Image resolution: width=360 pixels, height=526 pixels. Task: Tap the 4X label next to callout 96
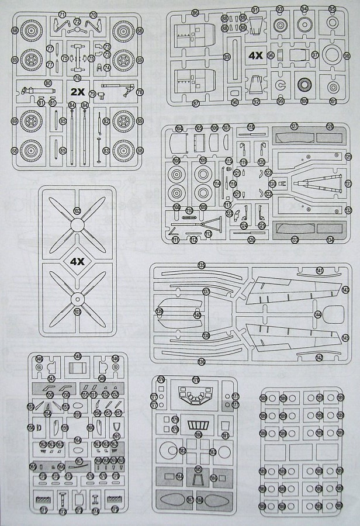[x=255, y=56]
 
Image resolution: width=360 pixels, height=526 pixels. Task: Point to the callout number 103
[x=77, y=312]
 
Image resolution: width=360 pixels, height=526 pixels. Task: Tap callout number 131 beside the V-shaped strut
[x=348, y=184]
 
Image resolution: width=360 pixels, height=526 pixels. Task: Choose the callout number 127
[x=295, y=126]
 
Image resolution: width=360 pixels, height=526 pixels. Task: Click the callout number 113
[x=208, y=233]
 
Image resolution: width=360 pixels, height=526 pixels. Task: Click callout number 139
[x=160, y=312]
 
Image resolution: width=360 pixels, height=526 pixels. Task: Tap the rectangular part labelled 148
[x=78, y=369]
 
